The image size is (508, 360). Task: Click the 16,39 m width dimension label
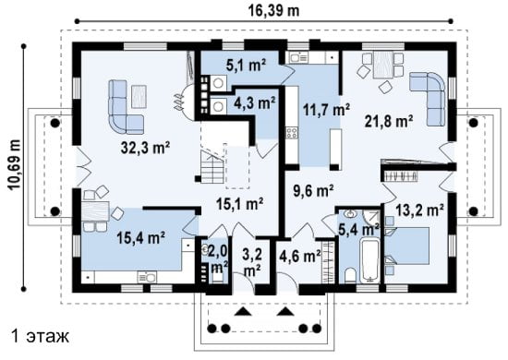(273, 10)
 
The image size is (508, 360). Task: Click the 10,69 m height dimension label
(15, 164)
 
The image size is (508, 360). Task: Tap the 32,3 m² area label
(145, 148)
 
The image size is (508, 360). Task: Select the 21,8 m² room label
(389, 122)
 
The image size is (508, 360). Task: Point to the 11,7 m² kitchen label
(326, 110)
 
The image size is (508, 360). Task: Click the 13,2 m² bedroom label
(419, 210)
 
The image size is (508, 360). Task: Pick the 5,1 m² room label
(246, 66)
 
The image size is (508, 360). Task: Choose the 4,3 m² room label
(256, 102)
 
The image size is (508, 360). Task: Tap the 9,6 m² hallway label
(313, 191)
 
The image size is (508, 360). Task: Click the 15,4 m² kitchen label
(141, 238)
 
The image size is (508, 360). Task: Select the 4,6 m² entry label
(301, 256)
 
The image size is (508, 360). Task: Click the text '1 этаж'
(40, 336)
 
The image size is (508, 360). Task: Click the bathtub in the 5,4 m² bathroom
(369, 260)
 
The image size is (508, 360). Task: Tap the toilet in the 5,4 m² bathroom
(350, 275)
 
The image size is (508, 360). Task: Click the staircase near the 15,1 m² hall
(212, 167)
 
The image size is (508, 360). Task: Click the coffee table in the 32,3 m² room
(139, 96)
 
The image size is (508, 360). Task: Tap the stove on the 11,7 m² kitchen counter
(291, 133)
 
